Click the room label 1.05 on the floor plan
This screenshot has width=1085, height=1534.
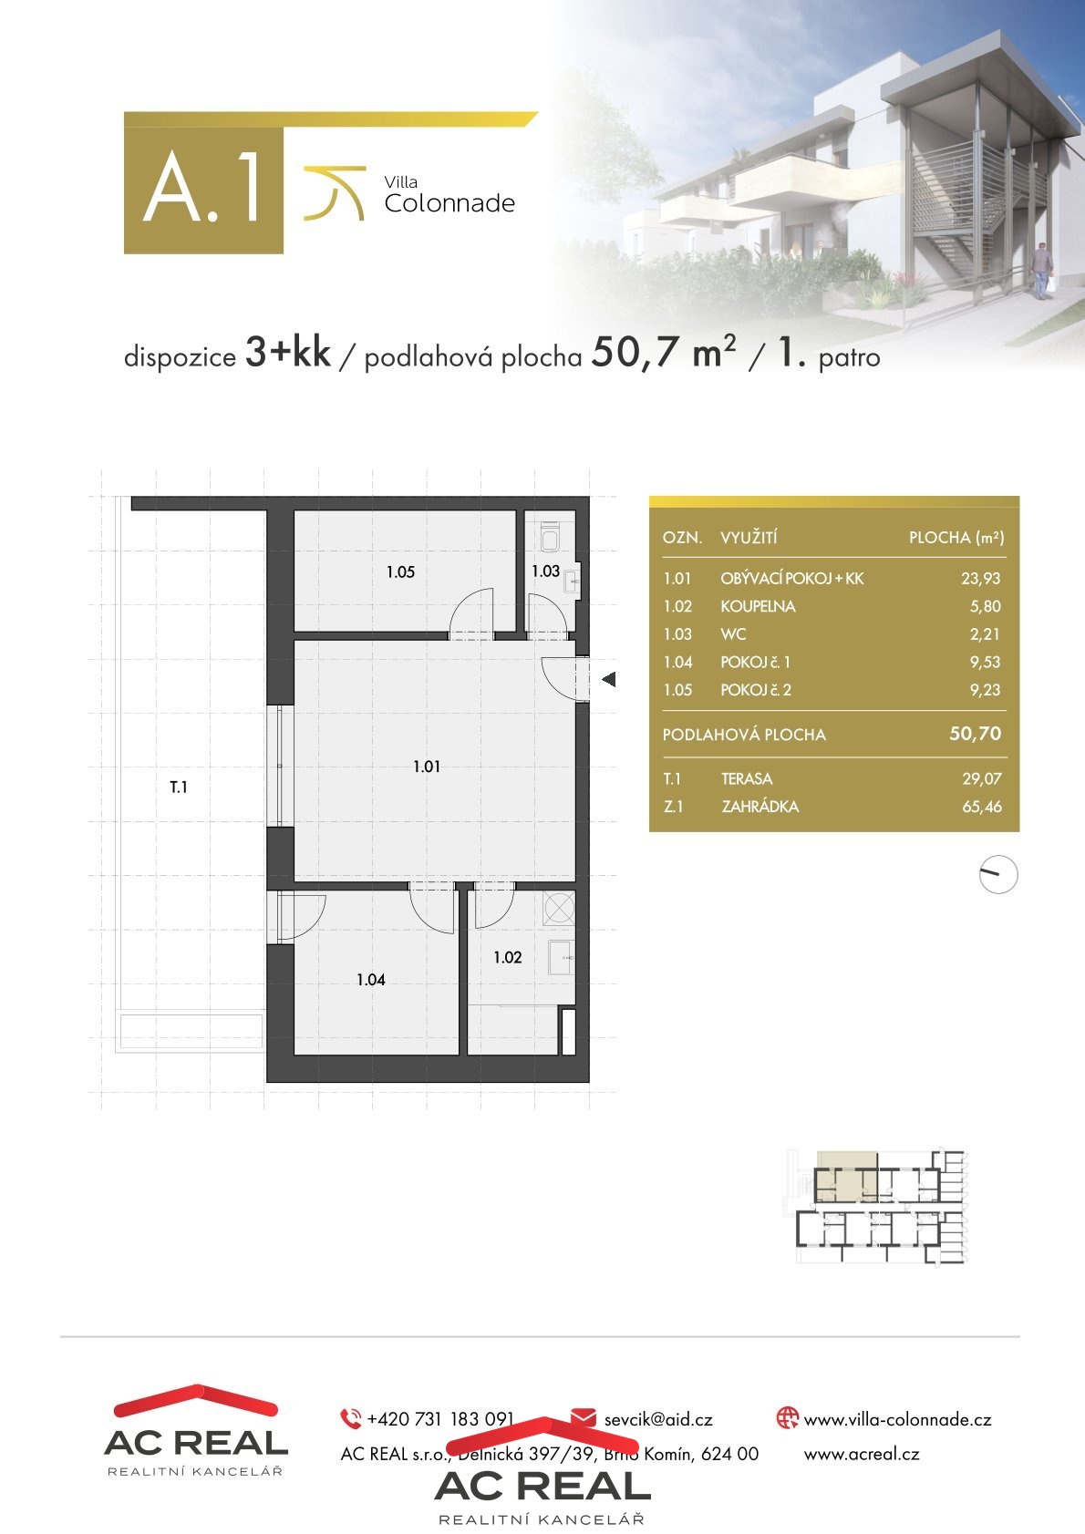coord(400,571)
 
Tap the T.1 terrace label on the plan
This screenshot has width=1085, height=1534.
coord(179,788)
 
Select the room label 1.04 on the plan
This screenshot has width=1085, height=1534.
coord(370,980)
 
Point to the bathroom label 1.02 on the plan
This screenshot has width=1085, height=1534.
coord(508,957)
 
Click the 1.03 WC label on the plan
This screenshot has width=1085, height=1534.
coord(545,571)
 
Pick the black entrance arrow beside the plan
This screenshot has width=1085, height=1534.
coord(608,679)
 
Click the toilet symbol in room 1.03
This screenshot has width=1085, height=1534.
coord(550,537)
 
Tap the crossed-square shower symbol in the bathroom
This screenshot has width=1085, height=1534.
coord(559,909)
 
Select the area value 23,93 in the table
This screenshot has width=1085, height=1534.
coord(980,579)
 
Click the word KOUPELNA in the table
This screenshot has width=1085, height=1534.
coord(758,606)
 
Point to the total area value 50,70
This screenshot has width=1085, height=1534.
coord(975,734)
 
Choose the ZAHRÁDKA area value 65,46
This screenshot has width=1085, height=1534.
coord(982,807)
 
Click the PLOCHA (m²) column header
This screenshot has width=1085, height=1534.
coord(956,538)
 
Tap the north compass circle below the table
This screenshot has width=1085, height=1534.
coord(998,874)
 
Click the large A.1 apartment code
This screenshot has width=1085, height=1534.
coord(202,188)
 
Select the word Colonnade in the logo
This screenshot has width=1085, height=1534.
coord(449,203)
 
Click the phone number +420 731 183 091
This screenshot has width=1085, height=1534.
coord(440,1419)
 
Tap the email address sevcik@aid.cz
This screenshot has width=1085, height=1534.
coord(658,1420)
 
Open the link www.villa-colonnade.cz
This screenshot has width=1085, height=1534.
coord(897,1420)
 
